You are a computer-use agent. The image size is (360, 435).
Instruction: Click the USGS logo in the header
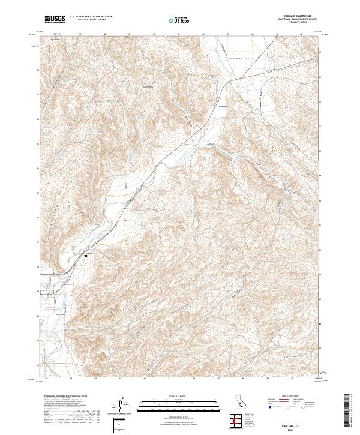tap(55, 19)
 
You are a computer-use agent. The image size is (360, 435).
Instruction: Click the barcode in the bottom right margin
tap(349, 410)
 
